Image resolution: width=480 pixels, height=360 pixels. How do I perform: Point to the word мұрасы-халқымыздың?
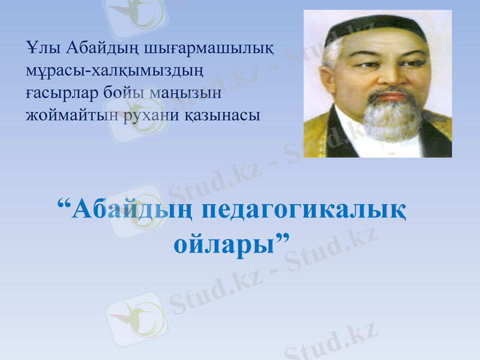(x=115, y=71)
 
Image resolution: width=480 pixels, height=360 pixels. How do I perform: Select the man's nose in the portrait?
(x=394, y=78)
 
